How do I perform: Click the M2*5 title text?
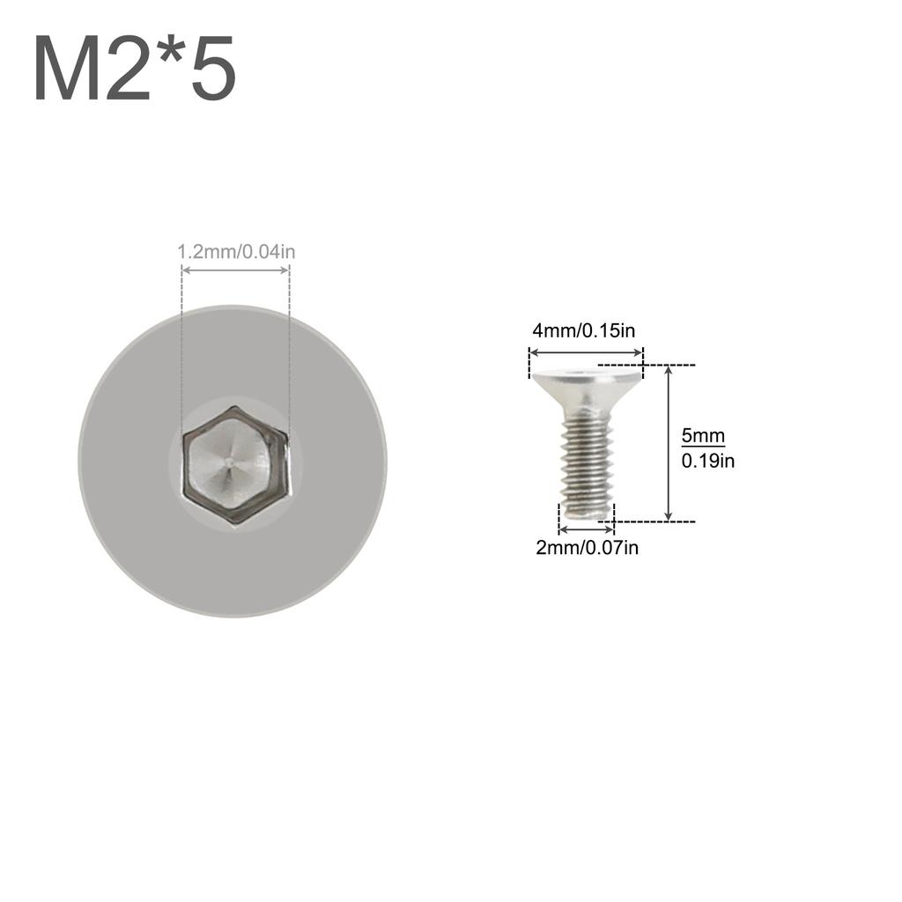(x=135, y=69)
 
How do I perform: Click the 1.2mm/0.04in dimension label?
(x=236, y=252)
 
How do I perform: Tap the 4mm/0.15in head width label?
(x=583, y=331)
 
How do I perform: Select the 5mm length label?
(x=703, y=435)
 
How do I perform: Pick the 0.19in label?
(x=707, y=460)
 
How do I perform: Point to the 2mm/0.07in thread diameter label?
(x=587, y=548)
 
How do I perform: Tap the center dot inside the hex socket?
(x=229, y=461)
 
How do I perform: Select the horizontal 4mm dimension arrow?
(x=586, y=352)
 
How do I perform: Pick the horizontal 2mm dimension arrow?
(x=587, y=530)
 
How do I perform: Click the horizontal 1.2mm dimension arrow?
(x=235, y=270)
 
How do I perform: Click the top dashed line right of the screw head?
(x=647, y=365)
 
